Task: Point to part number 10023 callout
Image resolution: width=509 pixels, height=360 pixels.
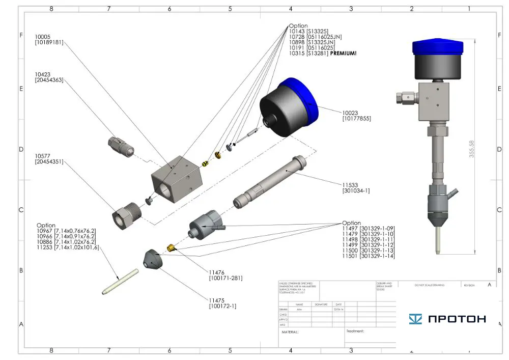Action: click(351, 112)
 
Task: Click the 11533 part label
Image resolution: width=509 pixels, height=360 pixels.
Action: click(351, 184)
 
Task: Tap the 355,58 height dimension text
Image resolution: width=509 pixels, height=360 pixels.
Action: click(472, 149)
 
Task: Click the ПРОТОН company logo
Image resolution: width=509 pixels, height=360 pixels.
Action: click(447, 319)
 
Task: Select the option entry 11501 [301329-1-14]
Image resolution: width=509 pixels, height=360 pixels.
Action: click(369, 256)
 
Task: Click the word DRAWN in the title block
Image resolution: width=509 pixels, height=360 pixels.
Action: click(284, 309)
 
